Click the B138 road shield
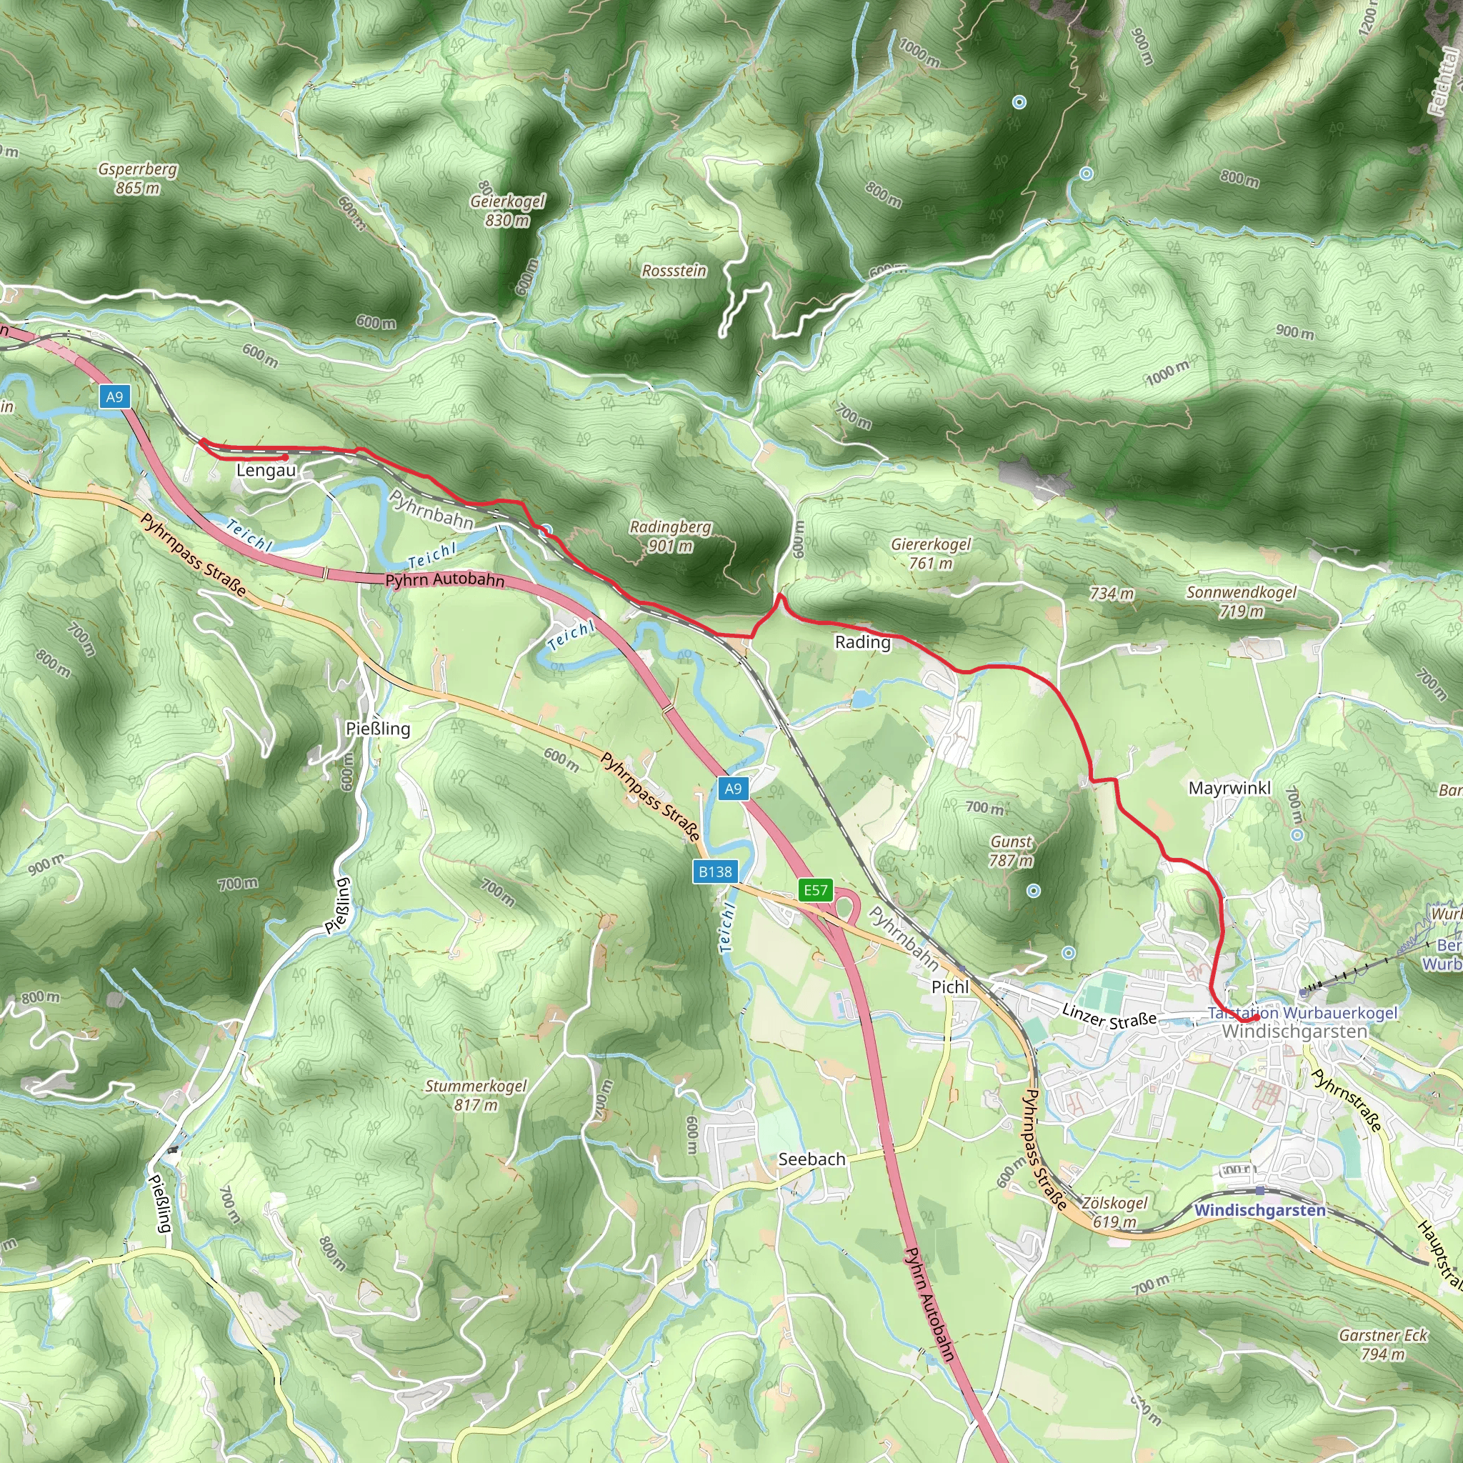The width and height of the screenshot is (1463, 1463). point(715,872)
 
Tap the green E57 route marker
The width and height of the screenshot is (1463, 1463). point(816,890)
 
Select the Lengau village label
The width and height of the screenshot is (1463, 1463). point(266,470)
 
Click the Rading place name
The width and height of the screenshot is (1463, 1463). point(862,642)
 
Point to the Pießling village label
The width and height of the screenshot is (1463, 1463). point(378,729)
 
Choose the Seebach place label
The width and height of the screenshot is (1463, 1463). point(812,1159)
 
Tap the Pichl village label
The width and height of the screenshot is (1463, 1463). point(949,987)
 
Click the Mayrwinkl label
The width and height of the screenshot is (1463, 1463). point(1229,789)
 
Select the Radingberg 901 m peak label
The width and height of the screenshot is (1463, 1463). point(670,536)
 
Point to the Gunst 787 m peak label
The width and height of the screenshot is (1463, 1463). point(1011,850)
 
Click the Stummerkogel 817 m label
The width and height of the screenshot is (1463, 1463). point(476,1095)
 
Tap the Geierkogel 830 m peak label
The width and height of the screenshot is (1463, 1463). point(507,211)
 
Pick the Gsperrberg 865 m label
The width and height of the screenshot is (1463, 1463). point(138,178)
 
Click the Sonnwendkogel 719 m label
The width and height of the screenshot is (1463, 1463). point(1241,601)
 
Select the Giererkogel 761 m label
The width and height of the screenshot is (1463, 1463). point(931,554)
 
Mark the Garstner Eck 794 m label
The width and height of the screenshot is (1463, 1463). point(1383,1344)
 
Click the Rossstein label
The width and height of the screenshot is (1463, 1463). point(674,271)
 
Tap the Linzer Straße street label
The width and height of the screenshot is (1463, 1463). point(1109,1017)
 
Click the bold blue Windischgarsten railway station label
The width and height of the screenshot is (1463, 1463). point(1260,1210)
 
